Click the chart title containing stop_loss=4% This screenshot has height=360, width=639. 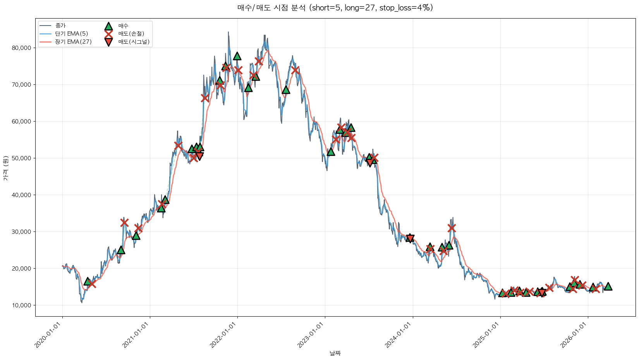[x=335, y=8]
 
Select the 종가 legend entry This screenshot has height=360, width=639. [x=60, y=26]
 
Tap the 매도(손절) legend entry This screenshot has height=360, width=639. [x=131, y=34]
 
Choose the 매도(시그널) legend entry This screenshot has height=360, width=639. [x=134, y=42]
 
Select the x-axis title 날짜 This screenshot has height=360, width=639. [x=335, y=353]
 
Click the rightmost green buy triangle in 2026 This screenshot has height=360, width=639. [x=608, y=286]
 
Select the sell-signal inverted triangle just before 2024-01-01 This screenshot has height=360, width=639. [x=410, y=238]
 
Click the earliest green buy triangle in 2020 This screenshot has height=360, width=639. [x=88, y=281]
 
